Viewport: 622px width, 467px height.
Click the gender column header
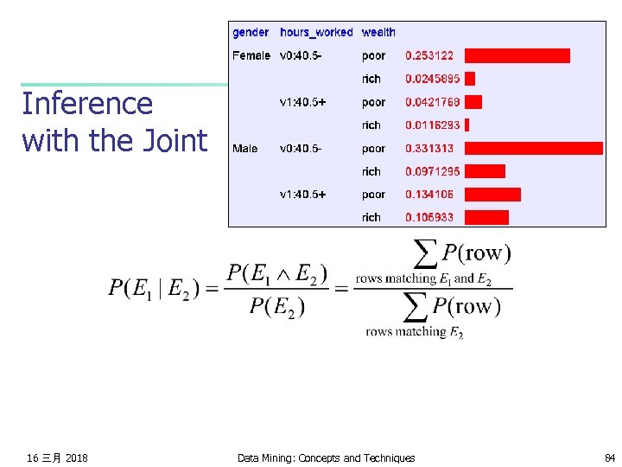pos(251,33)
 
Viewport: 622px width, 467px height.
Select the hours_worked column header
pos(316,33)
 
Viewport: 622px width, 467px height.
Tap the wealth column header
pos(378,33)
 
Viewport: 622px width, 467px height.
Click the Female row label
pos(251,55)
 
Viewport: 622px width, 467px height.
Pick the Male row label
pos(245,149)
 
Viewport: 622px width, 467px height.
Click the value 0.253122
pos(429,55)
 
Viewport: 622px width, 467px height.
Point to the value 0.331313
pos(429,149)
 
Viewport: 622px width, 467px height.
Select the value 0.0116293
pos(433,125)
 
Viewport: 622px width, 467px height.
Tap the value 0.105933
pos(429,217)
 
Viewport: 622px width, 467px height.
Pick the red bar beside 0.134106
pos(493,195)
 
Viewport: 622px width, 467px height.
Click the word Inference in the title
pos(87,104)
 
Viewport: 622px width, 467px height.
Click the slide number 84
pos(610,457)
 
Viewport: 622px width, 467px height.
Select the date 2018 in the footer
pos(76,457)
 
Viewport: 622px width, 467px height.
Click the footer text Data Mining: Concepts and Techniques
pos(326,457)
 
